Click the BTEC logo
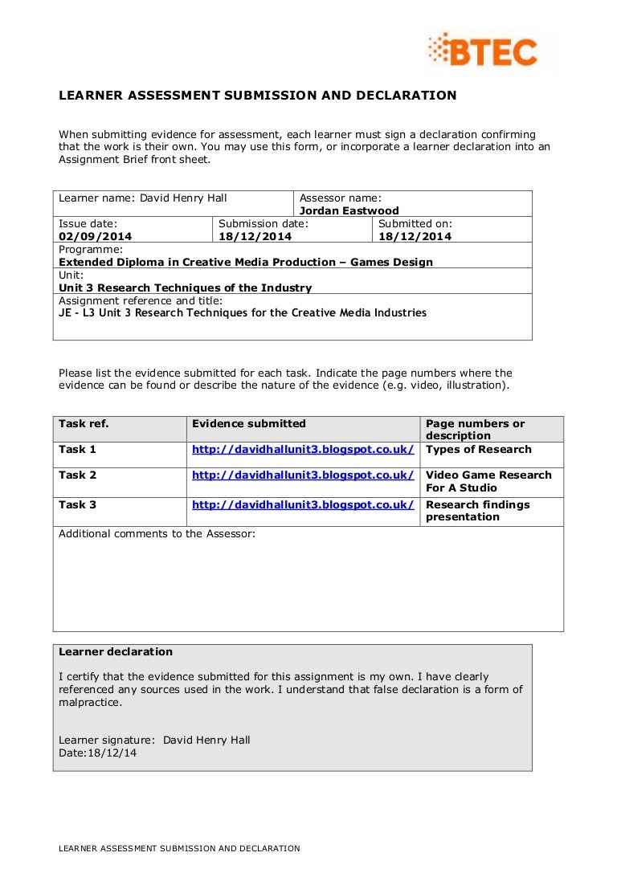click(482, 51)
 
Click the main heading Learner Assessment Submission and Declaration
click(257, 96)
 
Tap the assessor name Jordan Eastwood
click(349, 210)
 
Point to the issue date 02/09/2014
click(95, 236)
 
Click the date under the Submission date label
click(255, 236)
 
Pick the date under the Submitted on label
click(415, 236)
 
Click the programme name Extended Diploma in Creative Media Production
click(246, 262)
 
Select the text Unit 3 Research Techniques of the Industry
click(185, 288)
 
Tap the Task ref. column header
click(84, 423)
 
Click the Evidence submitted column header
click(249, 423)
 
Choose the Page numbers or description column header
click(475, 429)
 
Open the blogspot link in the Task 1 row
click(303, 449)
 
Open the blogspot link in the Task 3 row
click(303, 504)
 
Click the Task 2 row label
click(77, 475)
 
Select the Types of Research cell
click(478, 449)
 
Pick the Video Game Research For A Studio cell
click(488, 481)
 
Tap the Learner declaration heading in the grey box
click(116, 651)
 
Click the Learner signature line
click(154, 740)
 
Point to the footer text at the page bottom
click(179, 848)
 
